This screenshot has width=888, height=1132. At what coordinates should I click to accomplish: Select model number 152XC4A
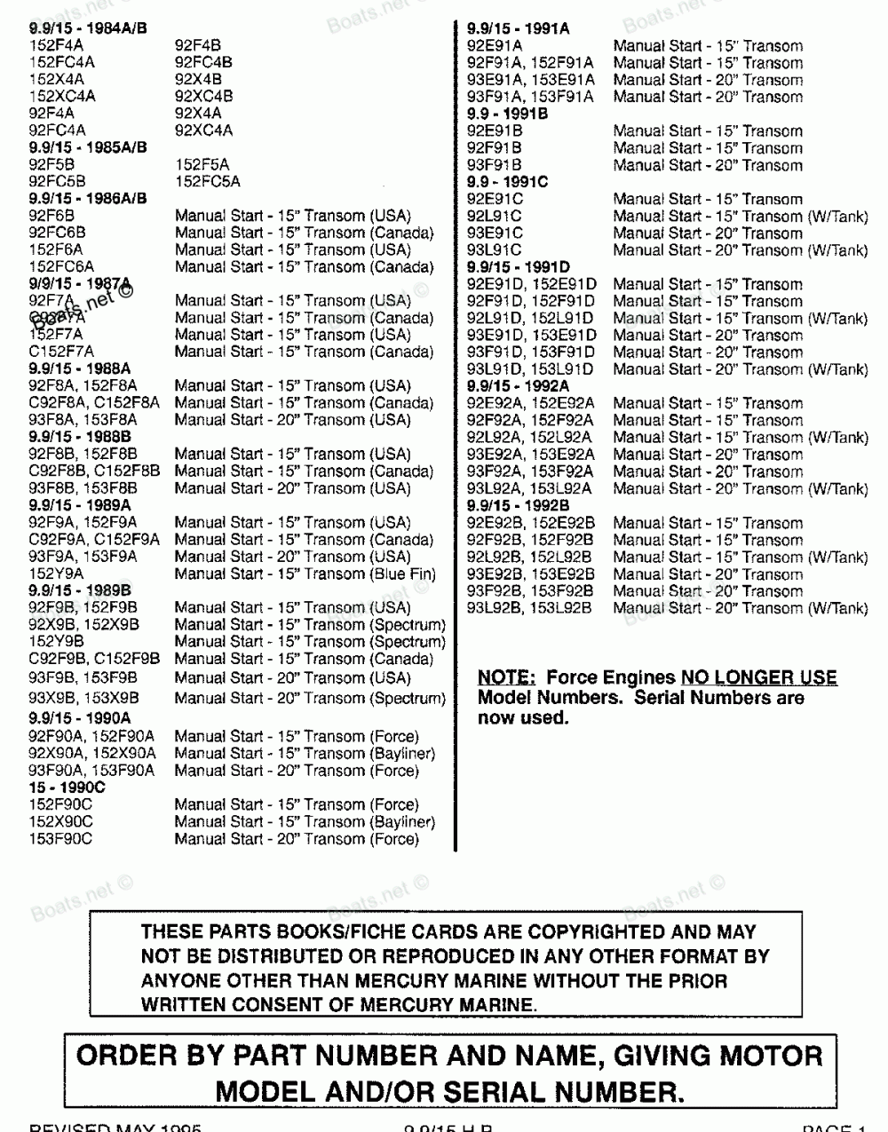62,97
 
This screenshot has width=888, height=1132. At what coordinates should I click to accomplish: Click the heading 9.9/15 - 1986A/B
88,199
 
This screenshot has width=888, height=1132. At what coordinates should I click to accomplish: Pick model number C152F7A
61,352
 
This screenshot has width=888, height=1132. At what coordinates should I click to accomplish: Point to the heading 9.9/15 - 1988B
80,438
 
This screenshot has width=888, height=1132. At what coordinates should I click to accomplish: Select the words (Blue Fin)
403,574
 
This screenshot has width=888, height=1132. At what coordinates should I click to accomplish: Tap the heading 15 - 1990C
67,788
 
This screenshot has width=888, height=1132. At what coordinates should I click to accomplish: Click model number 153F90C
60,839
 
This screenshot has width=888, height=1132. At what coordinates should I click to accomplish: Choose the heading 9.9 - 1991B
507,114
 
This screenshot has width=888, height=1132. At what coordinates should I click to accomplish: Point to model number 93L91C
495,250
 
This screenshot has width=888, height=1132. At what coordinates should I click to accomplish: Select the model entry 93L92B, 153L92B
529,609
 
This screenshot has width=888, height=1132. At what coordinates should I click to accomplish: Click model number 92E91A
495,46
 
